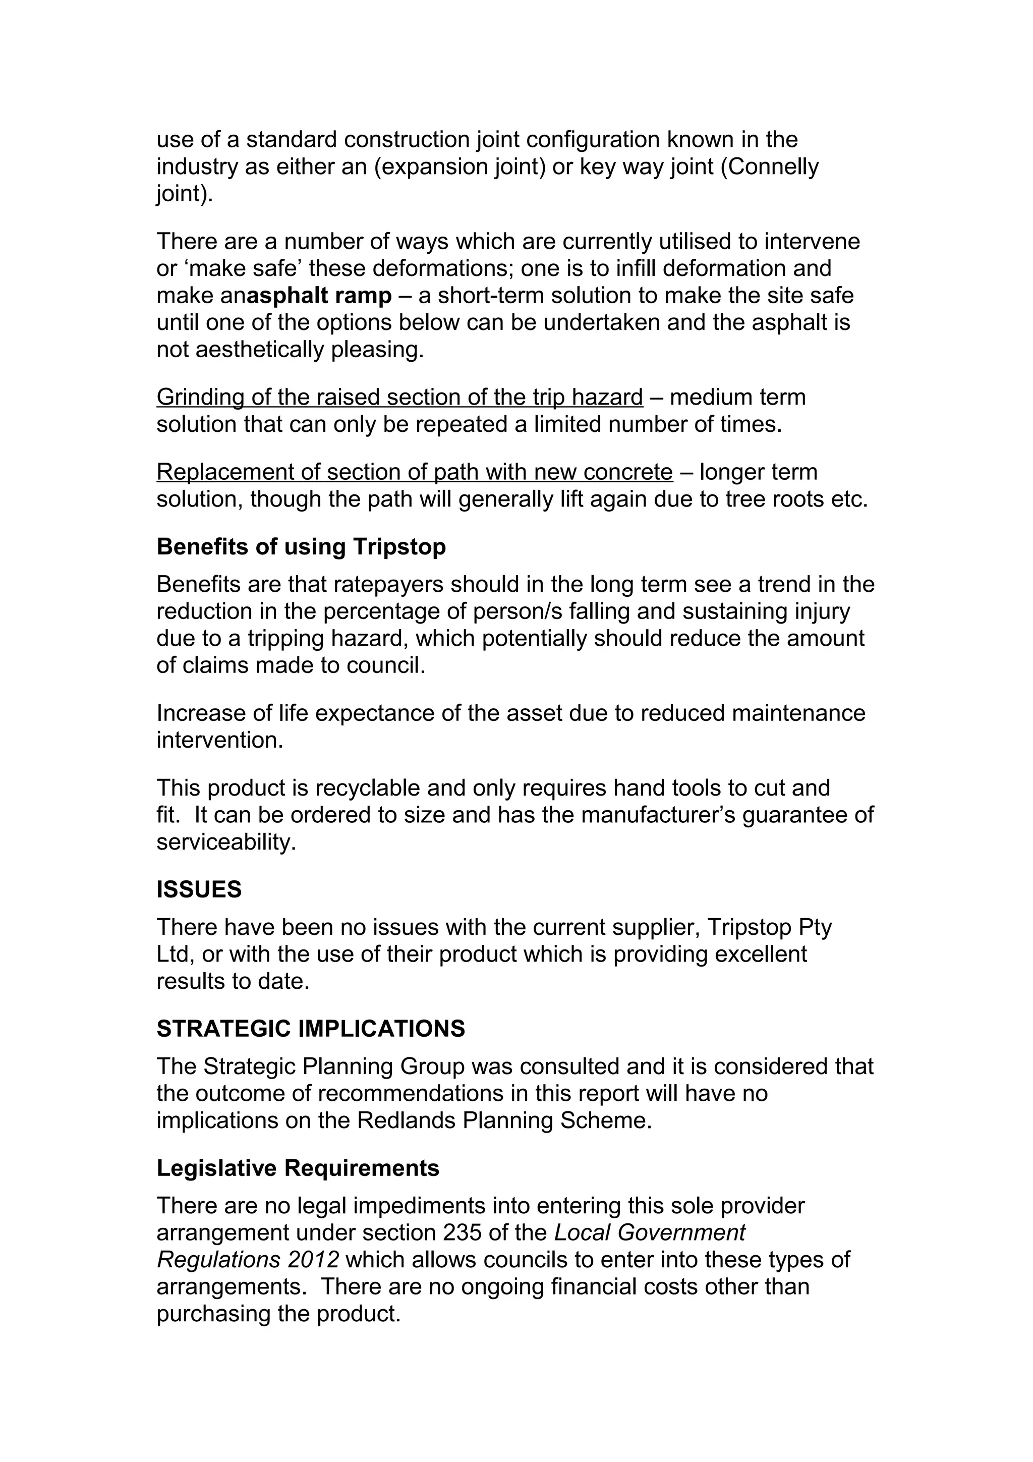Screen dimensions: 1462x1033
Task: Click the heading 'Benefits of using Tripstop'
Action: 301,547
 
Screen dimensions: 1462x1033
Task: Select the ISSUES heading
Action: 199,889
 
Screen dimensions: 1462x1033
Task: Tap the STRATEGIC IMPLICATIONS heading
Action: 311,1029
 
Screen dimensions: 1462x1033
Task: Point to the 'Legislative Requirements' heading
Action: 298,1168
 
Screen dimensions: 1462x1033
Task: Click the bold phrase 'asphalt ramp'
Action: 319,296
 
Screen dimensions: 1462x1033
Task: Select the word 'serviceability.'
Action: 226,842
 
